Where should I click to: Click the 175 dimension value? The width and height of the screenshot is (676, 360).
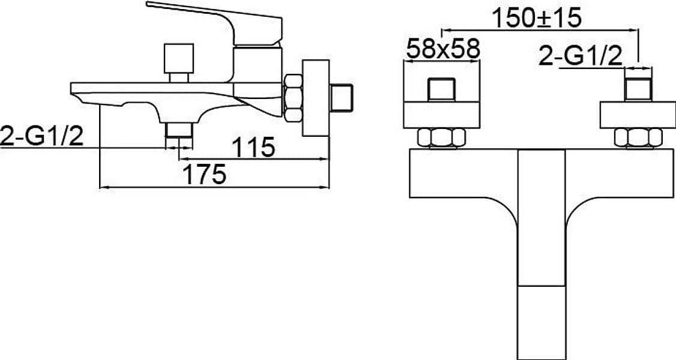click(x=204, y=175)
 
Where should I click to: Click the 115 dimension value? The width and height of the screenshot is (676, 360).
click(x=253, y=147)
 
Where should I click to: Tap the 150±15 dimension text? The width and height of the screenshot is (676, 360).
click(x=536, y=17)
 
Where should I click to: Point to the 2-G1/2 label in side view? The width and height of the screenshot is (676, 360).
click(x=42, y=137)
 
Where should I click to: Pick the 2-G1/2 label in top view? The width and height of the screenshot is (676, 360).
click(x=581, y=56)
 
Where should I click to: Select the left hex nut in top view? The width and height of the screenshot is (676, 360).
click(x=441, y=137)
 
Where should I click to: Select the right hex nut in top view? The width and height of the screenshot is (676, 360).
click(x=638, y=137)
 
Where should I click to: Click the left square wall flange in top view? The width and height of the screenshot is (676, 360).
click(x=441, y=115)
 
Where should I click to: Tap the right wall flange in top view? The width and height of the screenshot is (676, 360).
click(x=638, y=115)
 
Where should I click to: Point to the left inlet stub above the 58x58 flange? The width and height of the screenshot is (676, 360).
click(x=441, y=89)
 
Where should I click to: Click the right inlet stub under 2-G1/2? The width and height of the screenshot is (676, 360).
click(x=638, y=89)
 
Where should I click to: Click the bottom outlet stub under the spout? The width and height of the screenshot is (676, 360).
click(x=178, y=130)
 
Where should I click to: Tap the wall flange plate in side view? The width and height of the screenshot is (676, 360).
click(x=316, y=98)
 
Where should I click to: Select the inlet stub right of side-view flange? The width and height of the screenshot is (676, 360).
click(x=342, y=98)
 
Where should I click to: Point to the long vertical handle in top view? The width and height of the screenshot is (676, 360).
click(x=542, y=254)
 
